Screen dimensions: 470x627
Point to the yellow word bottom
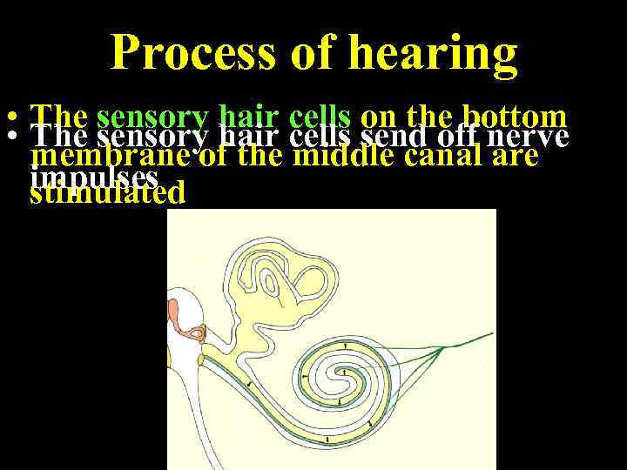coord(516,117)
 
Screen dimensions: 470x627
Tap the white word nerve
coord(529,138)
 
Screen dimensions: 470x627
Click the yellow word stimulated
coord(108,192)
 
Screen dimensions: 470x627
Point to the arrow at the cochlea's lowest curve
coord(327,440)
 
